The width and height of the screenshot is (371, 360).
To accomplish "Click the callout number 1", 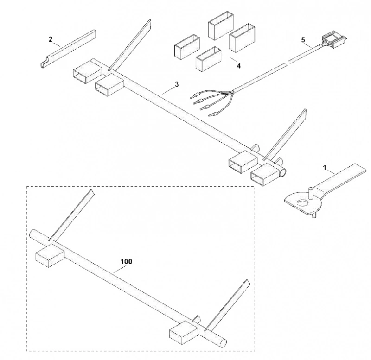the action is (325, 168).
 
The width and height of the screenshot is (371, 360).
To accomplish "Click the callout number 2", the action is (51, 39).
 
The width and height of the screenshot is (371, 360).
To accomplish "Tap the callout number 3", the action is (177, 84).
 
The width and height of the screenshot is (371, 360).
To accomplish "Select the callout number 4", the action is (239, 66).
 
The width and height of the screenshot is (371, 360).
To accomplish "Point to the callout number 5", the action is (303, 40).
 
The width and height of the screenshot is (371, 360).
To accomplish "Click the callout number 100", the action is (126, 261).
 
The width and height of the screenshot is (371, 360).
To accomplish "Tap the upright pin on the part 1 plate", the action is (310, 193).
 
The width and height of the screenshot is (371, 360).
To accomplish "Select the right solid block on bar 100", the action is (184, 333).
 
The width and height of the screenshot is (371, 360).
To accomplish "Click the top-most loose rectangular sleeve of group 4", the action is (221, 26).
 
